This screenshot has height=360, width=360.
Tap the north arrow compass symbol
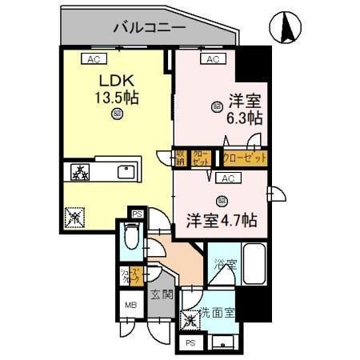coord(285,29)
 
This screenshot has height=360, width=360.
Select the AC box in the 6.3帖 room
coord(212,59)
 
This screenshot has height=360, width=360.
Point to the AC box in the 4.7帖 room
coord(226,178)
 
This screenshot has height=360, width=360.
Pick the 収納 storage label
coord(182,157)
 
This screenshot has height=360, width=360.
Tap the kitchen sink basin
coord(126,172)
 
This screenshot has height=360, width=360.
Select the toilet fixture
coord(134,238)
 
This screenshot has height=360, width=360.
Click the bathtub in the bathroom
coord(255,260)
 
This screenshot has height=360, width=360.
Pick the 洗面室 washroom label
coord(215,312)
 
